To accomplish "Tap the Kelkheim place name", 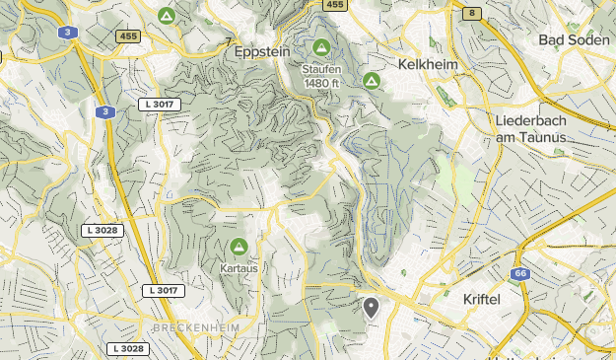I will click(x=431, y=63).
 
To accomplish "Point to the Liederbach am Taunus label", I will click(x=531, y=128).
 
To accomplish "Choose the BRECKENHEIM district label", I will click(x=193, y=326).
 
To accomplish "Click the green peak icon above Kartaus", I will click(x=238, y=247).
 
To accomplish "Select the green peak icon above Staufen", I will click(x=321, y=46).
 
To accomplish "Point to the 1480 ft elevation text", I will click(x=322, y=83).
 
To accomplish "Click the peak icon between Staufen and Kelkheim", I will click(x=372, y=80).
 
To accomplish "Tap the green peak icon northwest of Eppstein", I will click(x=166, y=16).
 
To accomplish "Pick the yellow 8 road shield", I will click(x=473, y=13).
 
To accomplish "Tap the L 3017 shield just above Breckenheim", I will click(x=162, y=291).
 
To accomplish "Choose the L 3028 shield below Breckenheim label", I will click(x=128, y=348).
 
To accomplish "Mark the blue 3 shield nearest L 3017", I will click(x=104, y=112).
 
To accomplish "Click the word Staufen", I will click(x=321, y=69).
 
